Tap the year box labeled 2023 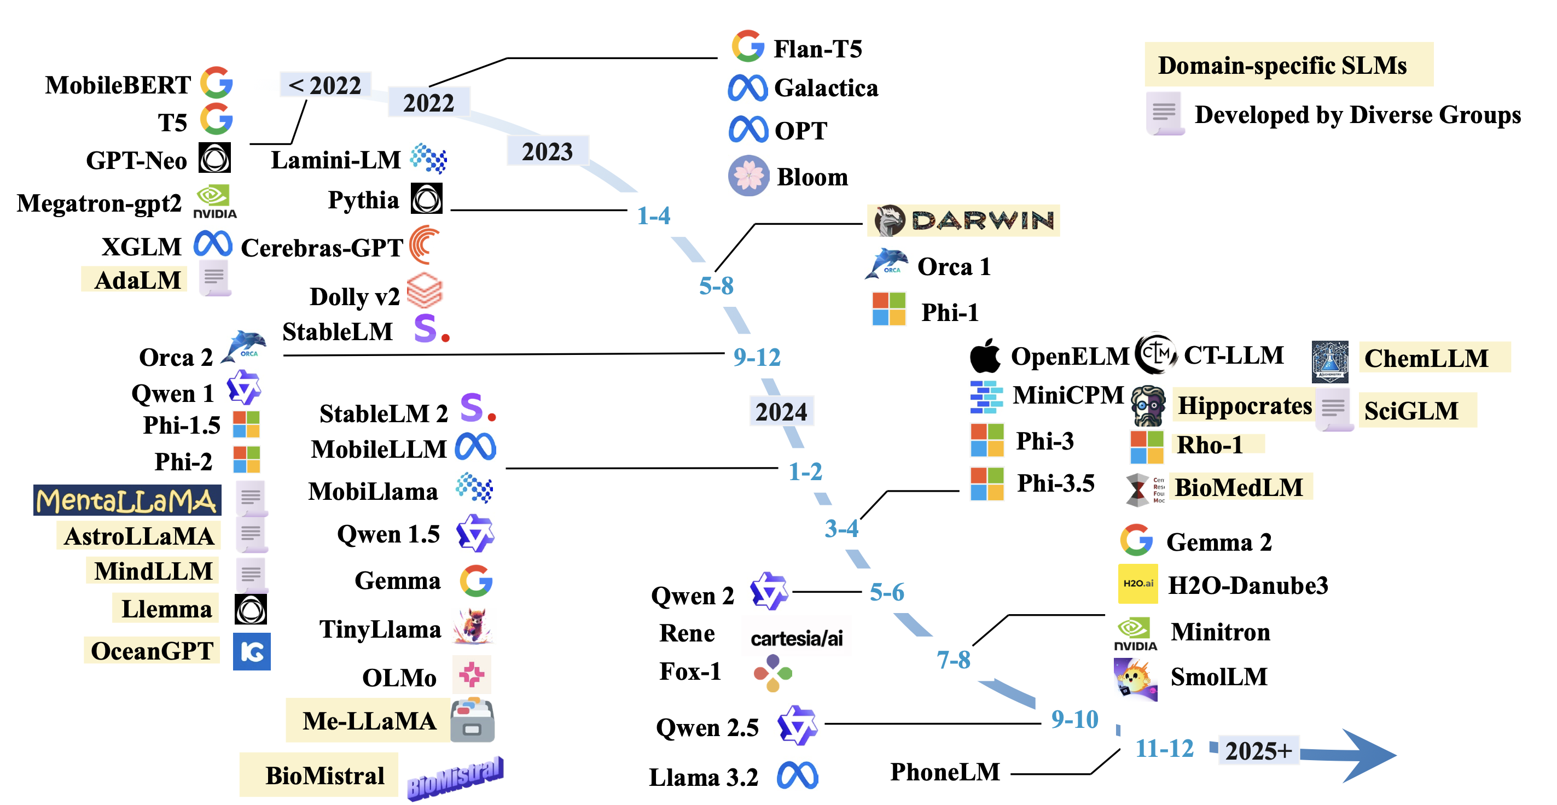point(548,151)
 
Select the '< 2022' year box point(325,85)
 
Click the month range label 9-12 point(757,357)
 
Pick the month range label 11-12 point(1165,748)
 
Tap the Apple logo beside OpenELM point(985,355)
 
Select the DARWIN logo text point(983,220)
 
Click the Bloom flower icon point(748,176)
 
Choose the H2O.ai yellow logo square point(1137,584)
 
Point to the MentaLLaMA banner point(127,500)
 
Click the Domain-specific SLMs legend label point(1282,65)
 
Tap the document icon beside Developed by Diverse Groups point(1165,114)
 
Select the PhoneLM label point(945,772)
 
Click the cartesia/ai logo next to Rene point(797,638)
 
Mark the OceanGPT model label point(152,651)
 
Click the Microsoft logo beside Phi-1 point(889,309)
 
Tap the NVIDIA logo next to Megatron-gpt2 point(214,202)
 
